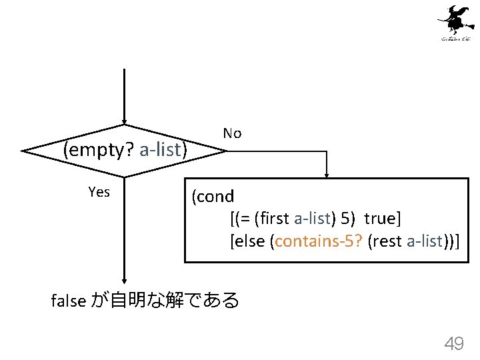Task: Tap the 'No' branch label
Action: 232,133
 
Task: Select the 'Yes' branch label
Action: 99,192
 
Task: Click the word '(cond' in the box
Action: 213,197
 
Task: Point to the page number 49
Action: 454,344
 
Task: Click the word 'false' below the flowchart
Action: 68,301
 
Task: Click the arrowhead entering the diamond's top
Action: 125,121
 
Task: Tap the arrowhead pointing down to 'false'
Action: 125,282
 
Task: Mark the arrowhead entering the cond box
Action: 327,174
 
